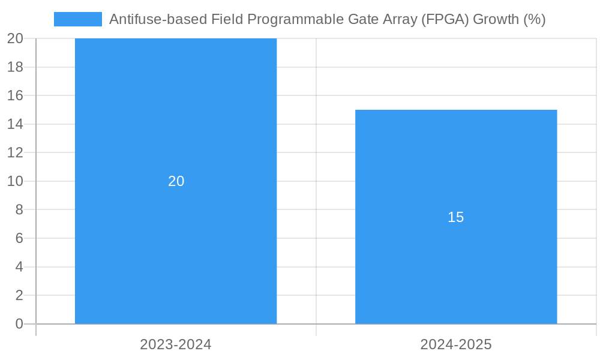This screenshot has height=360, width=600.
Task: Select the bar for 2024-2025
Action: coord(456,270)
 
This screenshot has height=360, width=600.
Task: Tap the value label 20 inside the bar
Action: coord(176,181)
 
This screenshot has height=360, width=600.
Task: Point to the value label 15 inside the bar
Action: coord(456,217)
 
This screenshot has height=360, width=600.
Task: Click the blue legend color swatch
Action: coord(78,19)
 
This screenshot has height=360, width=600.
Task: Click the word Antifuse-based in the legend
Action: coord(158,19)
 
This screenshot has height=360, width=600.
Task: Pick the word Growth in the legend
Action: coord(496,19)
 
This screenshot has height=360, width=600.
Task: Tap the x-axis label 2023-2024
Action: coord(176,344)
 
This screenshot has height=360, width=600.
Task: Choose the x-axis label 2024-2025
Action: coord(456,344)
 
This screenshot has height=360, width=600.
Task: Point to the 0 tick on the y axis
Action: coord(19,324)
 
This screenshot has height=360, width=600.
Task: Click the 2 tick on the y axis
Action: coord(19,295)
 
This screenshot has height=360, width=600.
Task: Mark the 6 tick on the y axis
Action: coord(19,238)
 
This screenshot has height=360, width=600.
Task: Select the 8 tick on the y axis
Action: coord(19,209)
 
